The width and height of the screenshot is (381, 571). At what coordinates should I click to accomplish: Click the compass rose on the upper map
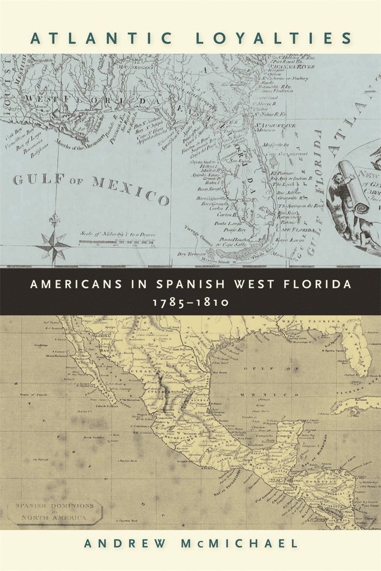(x=53, y=244)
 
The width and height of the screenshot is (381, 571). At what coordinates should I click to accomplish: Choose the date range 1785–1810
(x=190, y=301)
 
